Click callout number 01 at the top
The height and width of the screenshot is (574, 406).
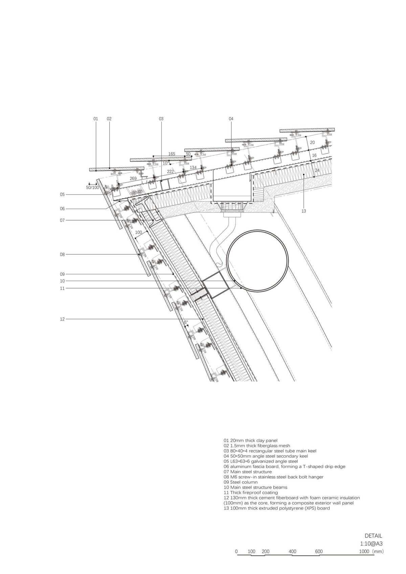96,119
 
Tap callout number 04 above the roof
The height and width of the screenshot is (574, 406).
231,119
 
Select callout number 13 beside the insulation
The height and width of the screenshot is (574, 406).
304,211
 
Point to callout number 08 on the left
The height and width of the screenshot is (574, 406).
62,254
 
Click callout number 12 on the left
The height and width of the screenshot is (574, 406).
62,319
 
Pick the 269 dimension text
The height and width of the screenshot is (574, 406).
133,179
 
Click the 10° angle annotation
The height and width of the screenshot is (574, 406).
166,163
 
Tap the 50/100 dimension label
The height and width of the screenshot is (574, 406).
93,187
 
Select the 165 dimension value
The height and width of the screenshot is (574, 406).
172,154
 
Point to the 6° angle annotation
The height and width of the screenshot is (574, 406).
186,322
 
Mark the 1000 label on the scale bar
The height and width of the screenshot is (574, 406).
364,552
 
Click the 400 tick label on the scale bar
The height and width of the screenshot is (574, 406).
293,552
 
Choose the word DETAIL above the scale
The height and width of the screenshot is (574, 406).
373,536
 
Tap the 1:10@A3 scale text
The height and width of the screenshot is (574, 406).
371,544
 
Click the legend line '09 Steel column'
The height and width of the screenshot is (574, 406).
241,482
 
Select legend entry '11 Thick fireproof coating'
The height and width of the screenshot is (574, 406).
251,492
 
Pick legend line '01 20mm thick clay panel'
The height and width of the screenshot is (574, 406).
250,440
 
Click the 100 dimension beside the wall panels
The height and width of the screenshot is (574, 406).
138,232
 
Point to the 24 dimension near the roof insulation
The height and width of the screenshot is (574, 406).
317,170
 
